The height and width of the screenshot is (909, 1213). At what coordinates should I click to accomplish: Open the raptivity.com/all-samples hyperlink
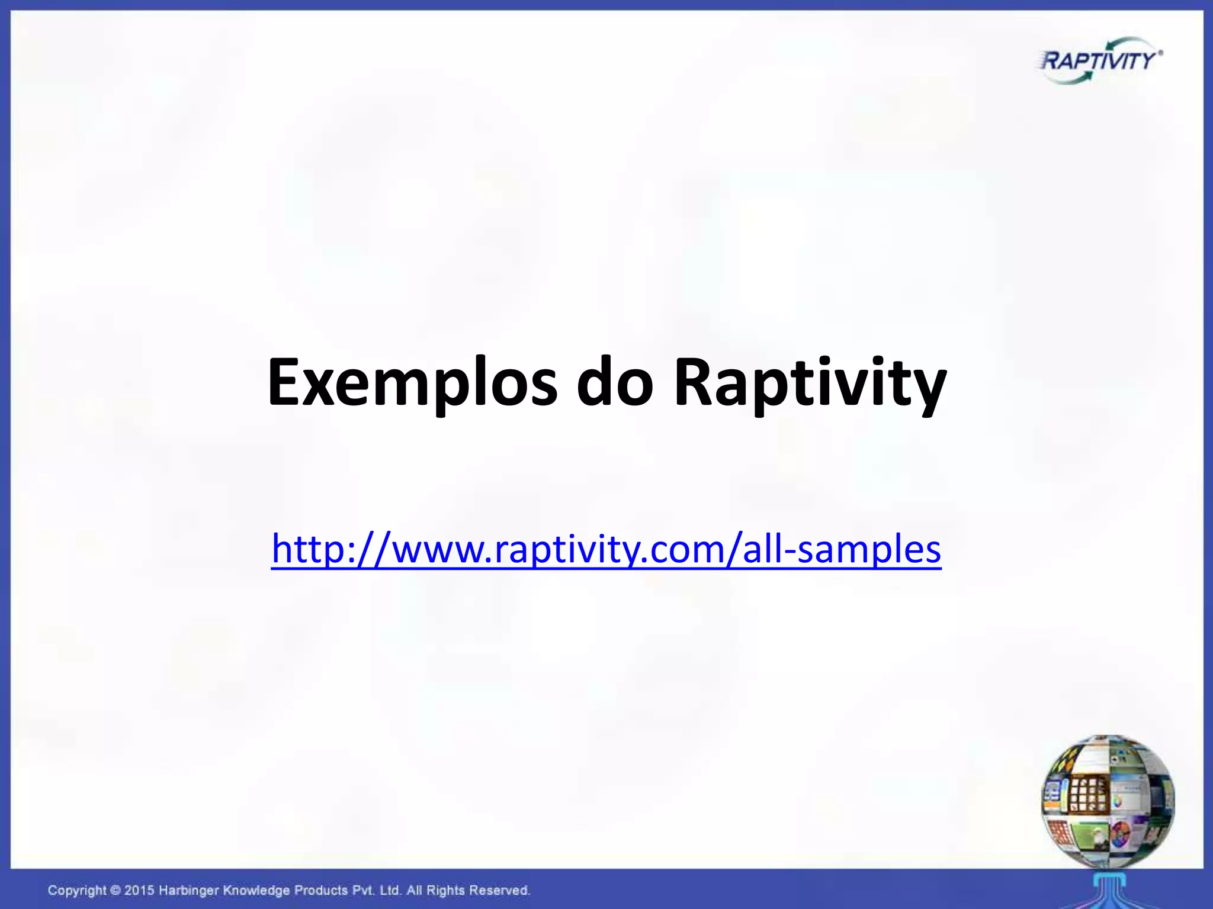[x=606, y=549]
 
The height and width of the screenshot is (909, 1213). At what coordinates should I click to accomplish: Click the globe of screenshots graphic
[x=1108, y=802]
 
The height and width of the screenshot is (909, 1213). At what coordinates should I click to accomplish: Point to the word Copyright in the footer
[x=77, y=890]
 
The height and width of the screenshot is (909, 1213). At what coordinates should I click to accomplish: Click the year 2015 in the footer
[x=140, y=890]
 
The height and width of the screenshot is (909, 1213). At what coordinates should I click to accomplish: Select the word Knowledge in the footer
[x=256, y=890]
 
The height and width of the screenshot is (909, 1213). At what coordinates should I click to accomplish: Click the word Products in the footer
[x=321, y=890]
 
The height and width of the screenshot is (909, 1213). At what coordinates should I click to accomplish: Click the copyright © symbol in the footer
[x=115, y=890]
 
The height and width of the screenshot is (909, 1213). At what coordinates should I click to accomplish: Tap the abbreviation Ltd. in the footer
[x=392, y=890]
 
